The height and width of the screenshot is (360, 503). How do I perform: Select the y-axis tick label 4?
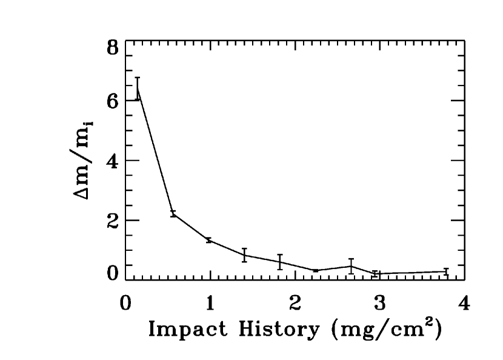112,161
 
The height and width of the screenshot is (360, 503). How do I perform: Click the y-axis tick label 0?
112,274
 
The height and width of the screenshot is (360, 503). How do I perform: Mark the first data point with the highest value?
138,89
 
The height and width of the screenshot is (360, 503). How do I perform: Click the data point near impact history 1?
209,240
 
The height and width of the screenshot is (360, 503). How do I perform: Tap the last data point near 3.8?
446,272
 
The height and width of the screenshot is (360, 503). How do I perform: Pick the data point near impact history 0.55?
173,213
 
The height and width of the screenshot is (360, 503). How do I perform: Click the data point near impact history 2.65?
351,266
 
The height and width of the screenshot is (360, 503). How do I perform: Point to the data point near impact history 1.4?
244,255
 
